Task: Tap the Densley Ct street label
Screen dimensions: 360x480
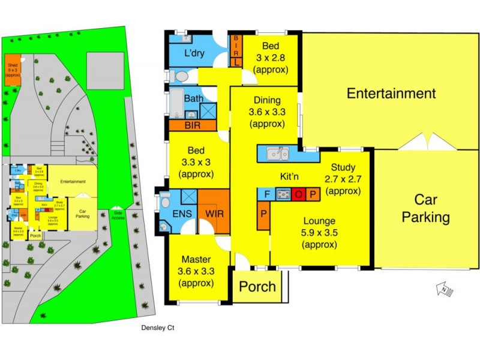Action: click(x=157, y=328)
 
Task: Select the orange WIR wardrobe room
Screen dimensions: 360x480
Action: click(x=214, y=212)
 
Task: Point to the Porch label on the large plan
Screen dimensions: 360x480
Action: click(x=257, y=286)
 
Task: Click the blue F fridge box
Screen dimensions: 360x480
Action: click(x=265, y=194)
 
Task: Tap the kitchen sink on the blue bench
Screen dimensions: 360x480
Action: click(x=277, y=153)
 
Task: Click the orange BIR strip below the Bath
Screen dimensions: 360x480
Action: click(x=192, y=126)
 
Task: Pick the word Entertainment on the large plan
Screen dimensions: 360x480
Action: click(x=391, y=94)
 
